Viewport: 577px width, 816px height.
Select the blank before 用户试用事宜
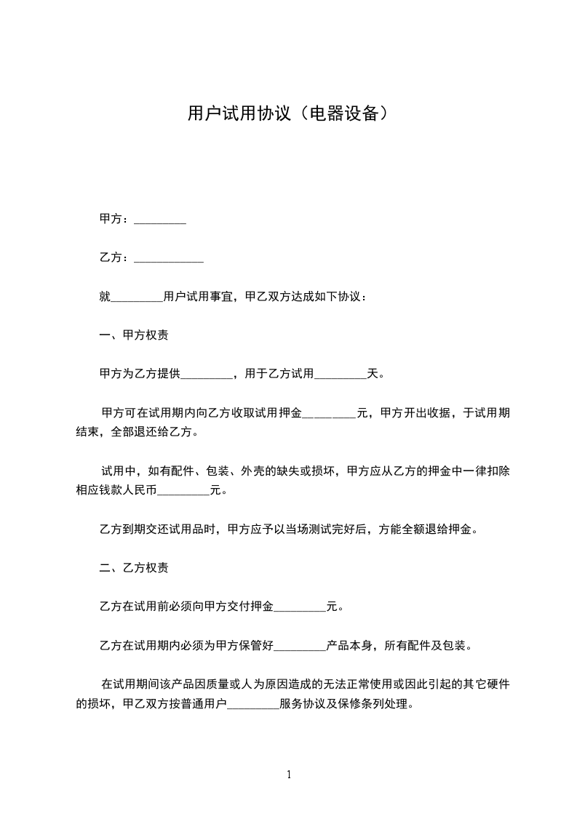click(x=137, y=297)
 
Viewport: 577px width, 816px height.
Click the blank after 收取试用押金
click(x=329, y=414)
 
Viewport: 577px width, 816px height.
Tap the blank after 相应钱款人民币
click(x=183, y=491)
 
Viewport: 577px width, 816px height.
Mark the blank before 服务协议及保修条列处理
click(x=253, y=705)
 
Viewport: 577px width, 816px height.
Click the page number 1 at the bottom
click(x=289, y=775)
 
